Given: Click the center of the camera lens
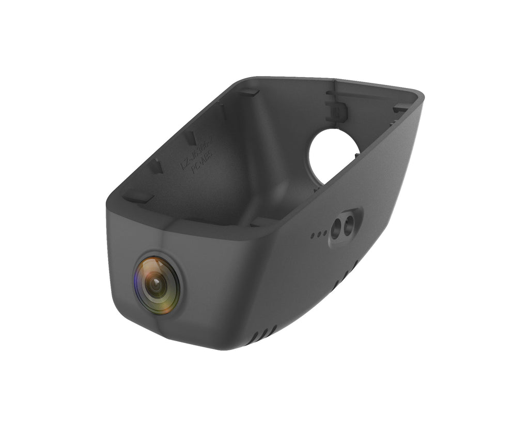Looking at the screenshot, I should tap(157, 284).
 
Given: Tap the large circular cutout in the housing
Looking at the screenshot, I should tap(333, 156).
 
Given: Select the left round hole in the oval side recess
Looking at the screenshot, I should tap(336, 227).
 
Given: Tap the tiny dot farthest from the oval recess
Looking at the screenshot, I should tap(313, 236).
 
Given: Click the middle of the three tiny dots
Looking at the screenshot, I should tap(318, 234).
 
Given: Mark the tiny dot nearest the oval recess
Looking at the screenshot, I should tap(324, 233).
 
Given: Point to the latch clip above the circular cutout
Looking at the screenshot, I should tap(334, 110).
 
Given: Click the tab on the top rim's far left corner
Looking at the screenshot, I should tap(248, 92).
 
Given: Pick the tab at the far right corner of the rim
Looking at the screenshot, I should tap(401, 108).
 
